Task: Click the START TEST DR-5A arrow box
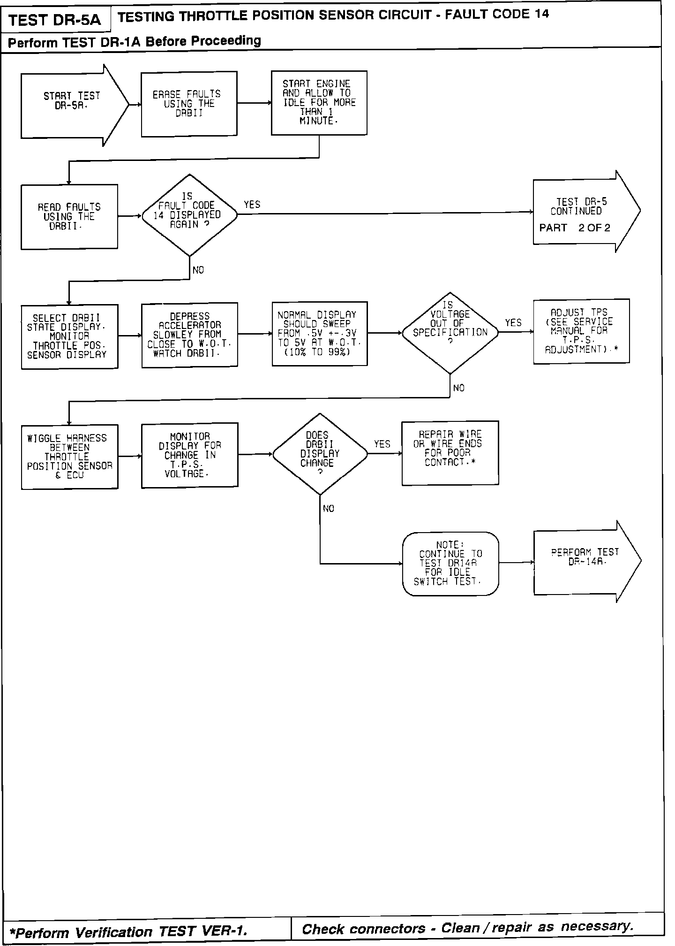(x=73, y=105)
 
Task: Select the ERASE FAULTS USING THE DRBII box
(x=189, y=104)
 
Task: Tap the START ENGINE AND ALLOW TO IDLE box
(x=319, y=103)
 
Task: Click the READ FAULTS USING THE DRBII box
(x=69, y=216)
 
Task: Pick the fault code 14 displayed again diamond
(x=189, y=215)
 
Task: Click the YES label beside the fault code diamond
(x=252, y=205)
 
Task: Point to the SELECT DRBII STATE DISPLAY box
(x=69, y=336)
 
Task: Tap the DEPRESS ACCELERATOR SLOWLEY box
(x=189, y=335)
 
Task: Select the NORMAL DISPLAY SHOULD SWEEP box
(x=319, y=334)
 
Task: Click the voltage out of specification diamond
(x=450, y=333)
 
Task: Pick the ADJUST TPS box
(x=581, y=331)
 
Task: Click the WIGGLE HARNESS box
(x=69, y=457)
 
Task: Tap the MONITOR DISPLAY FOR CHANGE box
(x=189, y=455)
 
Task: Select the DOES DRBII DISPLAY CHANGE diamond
(x=320, y=454)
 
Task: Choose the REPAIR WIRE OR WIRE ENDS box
(x=450, y=453)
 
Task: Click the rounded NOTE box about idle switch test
(x=450, y=564)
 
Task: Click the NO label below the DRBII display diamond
(x=329, y=509)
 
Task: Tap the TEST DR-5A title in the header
(x=55, y=21)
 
